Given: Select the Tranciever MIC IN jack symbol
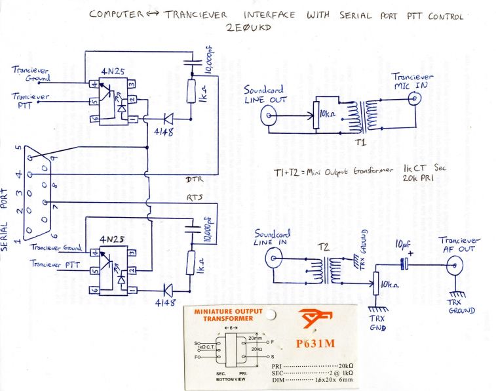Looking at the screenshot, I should tap(414, 100).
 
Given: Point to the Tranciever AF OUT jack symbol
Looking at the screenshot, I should tap(452, 265).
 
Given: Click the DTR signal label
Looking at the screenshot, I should tap(194, 178).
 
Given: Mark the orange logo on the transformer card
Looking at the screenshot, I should tap(314, 319).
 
